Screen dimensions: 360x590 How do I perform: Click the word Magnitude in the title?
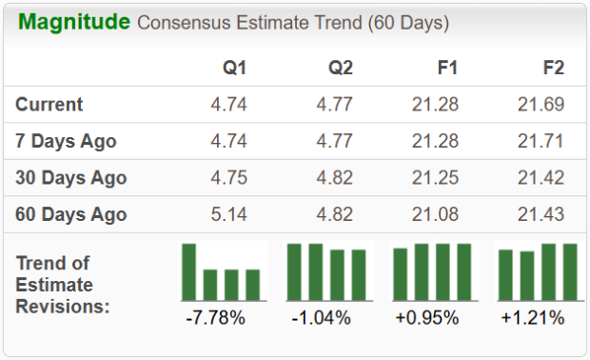[74, 22]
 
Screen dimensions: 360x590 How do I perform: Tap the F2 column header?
[552, 69]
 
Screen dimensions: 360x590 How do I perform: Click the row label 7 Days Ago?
[67, 142]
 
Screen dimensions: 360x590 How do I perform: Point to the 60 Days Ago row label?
[71, 215]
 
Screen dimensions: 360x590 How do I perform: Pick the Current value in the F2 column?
[541, 105]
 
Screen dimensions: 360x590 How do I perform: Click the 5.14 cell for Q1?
[228, 215]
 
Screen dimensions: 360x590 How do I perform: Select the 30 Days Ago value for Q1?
[228, 178]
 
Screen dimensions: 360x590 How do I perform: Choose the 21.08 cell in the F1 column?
[435, 215]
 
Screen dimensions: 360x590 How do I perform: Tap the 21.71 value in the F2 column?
[541, 142]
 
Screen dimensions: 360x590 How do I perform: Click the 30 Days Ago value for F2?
[541, 178]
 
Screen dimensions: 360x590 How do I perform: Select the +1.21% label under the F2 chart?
[533, 318]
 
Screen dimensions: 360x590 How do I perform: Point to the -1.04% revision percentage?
[321, 318]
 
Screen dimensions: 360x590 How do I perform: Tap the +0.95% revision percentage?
[427, 318]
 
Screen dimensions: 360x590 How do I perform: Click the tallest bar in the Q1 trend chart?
[189, 272]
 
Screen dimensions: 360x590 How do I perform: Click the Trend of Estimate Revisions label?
[63, 284]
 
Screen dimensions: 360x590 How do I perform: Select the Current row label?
[49, 105]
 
